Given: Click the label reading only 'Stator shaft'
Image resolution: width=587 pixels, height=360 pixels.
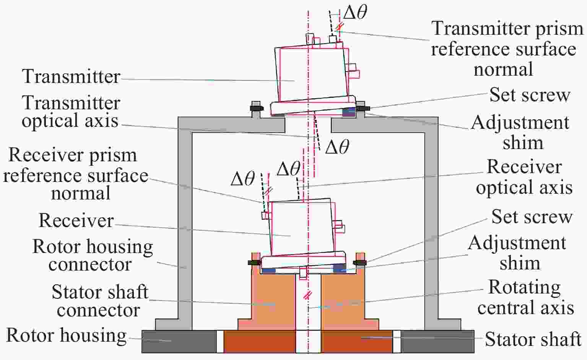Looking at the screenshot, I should (x=533, y=339).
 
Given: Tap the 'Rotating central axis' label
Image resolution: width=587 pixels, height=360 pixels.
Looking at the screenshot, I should (x=525, y=297).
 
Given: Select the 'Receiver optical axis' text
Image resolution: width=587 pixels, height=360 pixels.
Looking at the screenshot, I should (x=524, y=177).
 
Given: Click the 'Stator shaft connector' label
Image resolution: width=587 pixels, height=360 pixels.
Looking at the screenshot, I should (x=99, y=301).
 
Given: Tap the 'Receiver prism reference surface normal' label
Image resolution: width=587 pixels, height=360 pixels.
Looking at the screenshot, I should (x=75, y=174).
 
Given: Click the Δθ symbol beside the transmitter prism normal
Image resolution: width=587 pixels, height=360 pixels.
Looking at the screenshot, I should (x=355, y=12).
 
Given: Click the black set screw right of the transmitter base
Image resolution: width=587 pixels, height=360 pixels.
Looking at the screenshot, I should (x=361, y=108).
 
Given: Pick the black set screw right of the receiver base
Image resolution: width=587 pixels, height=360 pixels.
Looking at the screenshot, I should (x=359, y=263).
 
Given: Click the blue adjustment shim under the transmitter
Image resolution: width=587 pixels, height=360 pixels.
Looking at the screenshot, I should (x=349, y=112).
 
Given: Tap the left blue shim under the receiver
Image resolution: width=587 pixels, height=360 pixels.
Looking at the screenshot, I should (x=268, y=270).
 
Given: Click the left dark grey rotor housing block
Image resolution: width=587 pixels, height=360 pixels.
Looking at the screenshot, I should (x=178, y=341).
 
